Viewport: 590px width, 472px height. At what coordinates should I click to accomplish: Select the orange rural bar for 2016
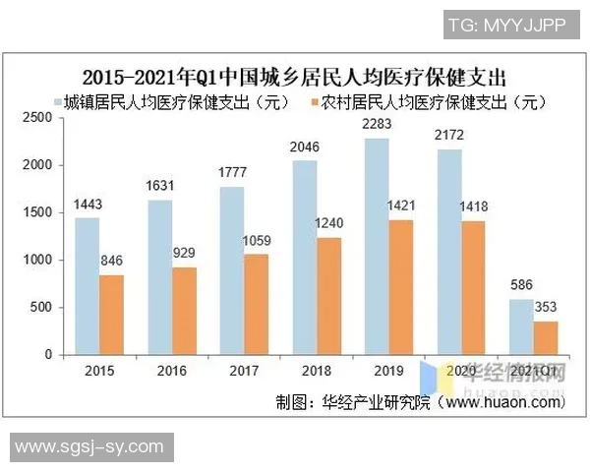tap(185, 311)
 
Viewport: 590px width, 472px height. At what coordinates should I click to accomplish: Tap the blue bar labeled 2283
tap(376, 247)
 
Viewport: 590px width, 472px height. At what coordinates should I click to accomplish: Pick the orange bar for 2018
tap(329, 296)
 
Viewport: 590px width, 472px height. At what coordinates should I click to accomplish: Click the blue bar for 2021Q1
tap(520, 326)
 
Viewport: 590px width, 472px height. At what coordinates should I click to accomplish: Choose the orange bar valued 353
tap(545, 337)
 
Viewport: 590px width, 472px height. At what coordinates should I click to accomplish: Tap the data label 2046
tap(304, 148)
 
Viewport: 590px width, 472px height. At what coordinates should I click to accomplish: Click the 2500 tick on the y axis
tap(36, 118)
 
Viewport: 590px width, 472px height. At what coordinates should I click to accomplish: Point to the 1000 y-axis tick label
tap(36, 261)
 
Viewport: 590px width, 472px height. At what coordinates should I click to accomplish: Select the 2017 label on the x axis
tap(243, 371)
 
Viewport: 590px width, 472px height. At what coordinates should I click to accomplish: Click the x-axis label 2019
tap(387, 371)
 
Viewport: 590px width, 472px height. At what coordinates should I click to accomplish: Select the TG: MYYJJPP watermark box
tap(505, 26)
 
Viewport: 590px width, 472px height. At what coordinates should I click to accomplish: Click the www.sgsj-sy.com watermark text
tap(89, 447)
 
